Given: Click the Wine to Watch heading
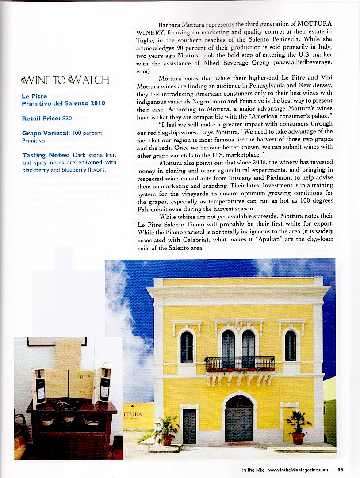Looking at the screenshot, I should [65, 80].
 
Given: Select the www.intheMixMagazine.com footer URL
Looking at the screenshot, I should [299, 470].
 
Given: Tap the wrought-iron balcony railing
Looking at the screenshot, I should [239, 363].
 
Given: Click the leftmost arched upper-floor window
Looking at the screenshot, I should [187, 346].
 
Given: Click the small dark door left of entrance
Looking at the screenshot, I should [189, 426].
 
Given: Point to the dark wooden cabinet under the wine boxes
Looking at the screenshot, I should [71, 429].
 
